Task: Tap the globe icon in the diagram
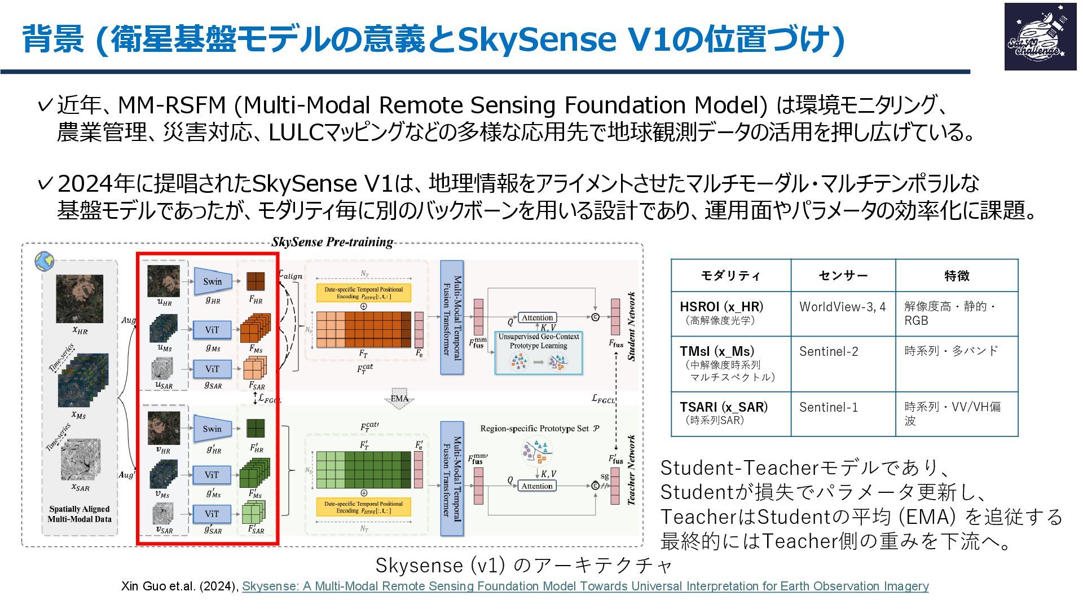44,261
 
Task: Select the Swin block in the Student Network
213,281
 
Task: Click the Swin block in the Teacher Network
213,429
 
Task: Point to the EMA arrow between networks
399,398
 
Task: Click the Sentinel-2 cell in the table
829,352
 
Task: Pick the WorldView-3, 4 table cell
842,307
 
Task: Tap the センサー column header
843,276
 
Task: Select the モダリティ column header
730,276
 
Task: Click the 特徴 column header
957,276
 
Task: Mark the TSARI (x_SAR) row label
724,407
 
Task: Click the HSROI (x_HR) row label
721,307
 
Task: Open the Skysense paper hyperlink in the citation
585,586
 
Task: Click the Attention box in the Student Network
537,318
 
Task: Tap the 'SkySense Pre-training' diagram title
332,242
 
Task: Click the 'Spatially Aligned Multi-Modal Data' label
80,514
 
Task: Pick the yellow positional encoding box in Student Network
364,293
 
